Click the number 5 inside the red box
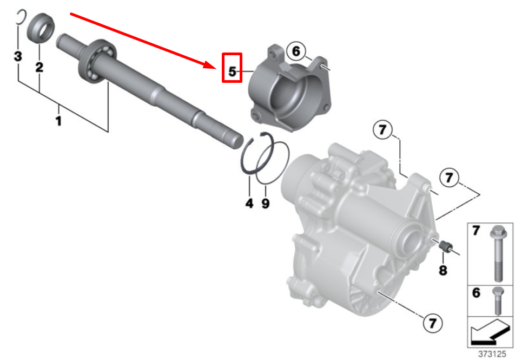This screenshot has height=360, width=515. [232, 71]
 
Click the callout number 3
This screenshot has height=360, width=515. [18, 56]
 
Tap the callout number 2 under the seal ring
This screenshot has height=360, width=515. [39, 67]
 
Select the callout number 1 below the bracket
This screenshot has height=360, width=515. [58, 121]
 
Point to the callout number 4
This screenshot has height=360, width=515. [249, 203]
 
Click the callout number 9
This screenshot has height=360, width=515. [266, 203]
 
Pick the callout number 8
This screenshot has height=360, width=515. [443, 270]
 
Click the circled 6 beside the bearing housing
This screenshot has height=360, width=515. [296, 51]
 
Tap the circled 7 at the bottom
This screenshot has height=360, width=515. [433, 323]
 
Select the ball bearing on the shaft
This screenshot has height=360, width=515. [97, 61]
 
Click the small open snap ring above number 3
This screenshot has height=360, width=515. [21, 17]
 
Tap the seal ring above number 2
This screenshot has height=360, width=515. [41, 28]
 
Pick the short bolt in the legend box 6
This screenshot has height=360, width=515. [498, 300]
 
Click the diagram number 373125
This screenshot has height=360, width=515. [492, 354]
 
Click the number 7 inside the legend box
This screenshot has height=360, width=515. [476, 231]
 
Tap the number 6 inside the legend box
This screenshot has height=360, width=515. [476, 292]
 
